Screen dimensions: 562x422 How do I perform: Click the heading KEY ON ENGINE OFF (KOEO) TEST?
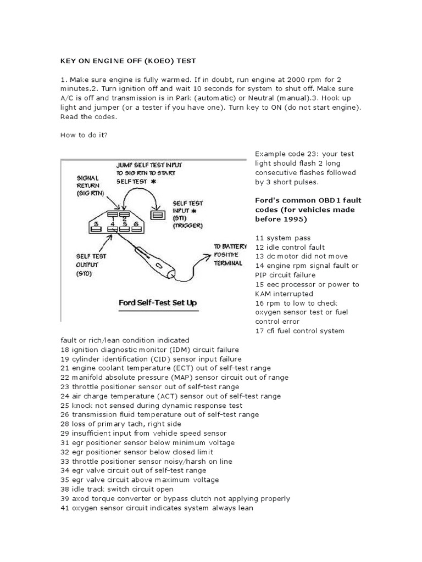(x=128, y=61)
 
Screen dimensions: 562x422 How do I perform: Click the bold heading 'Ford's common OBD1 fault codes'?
(x=305, y=209)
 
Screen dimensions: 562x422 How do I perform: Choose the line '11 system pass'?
(x=282, y=238)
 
